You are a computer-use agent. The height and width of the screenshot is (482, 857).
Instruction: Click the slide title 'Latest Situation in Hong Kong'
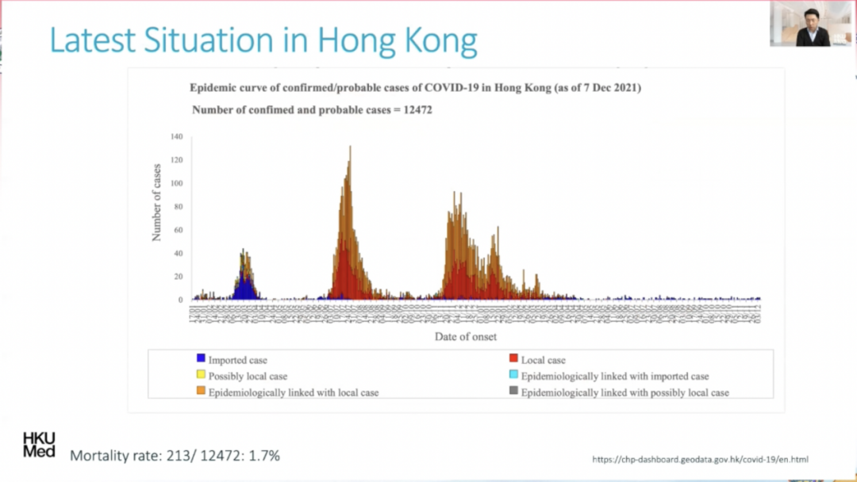click(263, 40)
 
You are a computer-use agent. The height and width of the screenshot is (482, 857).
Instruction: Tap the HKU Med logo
click(39, 444)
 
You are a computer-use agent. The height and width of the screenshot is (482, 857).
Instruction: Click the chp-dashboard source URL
click(700, 460)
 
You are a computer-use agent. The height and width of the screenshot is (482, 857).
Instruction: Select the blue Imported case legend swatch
click(201, 359)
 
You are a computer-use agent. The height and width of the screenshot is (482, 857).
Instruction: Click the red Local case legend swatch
click(513, 359)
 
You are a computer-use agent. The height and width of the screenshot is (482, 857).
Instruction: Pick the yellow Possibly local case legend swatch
click(201, 376)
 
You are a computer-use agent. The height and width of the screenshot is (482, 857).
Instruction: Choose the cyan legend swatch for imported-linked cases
click(513, 376)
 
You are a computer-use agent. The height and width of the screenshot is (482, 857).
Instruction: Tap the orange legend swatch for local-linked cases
click(201, 392)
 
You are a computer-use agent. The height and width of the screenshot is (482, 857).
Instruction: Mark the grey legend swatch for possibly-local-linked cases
click(513, 392)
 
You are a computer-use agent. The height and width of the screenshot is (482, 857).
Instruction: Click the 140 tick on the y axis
click(176, 137)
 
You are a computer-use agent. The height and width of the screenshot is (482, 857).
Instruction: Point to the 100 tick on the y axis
click(176, 184)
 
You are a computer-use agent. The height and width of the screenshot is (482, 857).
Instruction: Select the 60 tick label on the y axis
click(178, 230)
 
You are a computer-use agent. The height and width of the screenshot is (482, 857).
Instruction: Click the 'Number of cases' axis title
click(157, 202)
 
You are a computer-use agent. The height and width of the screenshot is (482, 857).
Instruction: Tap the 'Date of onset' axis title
click(466, 337)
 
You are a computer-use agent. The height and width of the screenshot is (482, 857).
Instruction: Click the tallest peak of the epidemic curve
click(350, 148)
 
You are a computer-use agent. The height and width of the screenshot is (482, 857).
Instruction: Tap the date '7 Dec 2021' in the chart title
click(609, 88)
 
